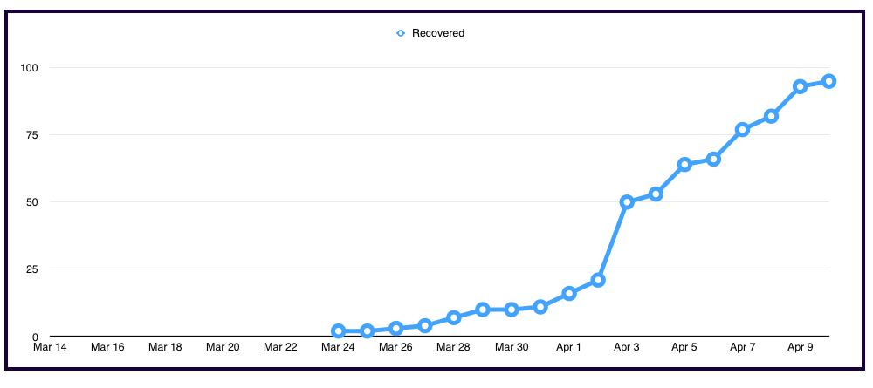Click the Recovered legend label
pyautogui.click(x=438, y=33)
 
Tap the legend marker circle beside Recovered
pyautogui.click(x=401, y=33)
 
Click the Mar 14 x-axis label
pyautogui.click(x=50, y=347)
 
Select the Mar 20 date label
pyautogui.click(x=223, y=347)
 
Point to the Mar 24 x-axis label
pyautogui.click(x=338, y=347)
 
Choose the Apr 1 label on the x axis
pyautogui.click(x=568, y=347)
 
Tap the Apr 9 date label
pyautogui.click(x=800, y=347)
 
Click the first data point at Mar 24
pyautogui.click(x=339, y=331)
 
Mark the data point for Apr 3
pyautogui.click(x=627, y=201)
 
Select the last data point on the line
pyautogui.click(x=829, y=81)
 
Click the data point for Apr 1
pyautogui.click(x=569, y=293)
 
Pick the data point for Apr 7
pyautogui.click(x=742, y=130)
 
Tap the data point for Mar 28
pyautogui.click(x=454, y=317)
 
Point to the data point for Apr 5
pyautogui.click(x=684, y=164)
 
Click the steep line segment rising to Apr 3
pyautogui.click(x=613, y=241)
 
